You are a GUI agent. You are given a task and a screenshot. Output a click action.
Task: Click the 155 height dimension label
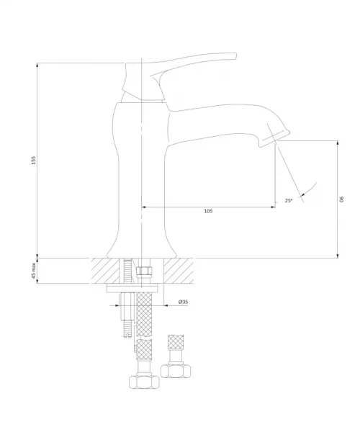pos(34,160)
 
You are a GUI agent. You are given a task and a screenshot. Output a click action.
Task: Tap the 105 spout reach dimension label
pos(208,211)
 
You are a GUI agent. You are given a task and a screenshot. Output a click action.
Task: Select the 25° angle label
pos(289,201)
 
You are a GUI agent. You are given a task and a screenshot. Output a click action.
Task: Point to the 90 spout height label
pos(342,199)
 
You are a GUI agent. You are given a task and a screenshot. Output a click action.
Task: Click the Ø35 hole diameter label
pos(183,302)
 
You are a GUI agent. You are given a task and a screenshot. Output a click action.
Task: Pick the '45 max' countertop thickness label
pos(34,271)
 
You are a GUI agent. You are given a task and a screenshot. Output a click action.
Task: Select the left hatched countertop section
pos(106,271)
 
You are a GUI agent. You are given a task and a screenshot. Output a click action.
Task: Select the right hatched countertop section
pos(179,271)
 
